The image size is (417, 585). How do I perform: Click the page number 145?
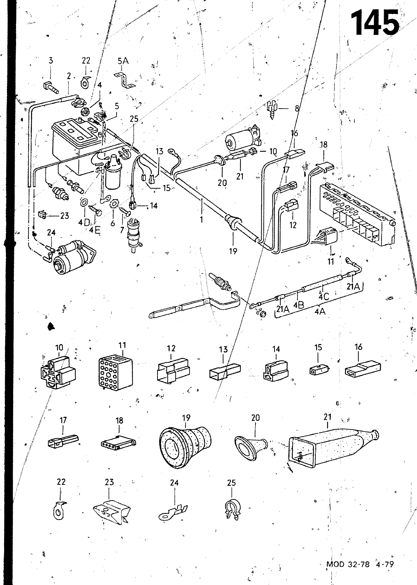pos(375,23)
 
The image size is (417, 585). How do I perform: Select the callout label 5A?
pos(123,61)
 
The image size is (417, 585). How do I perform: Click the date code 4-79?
pos(384,564)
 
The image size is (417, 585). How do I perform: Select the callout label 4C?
pos(324,296)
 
